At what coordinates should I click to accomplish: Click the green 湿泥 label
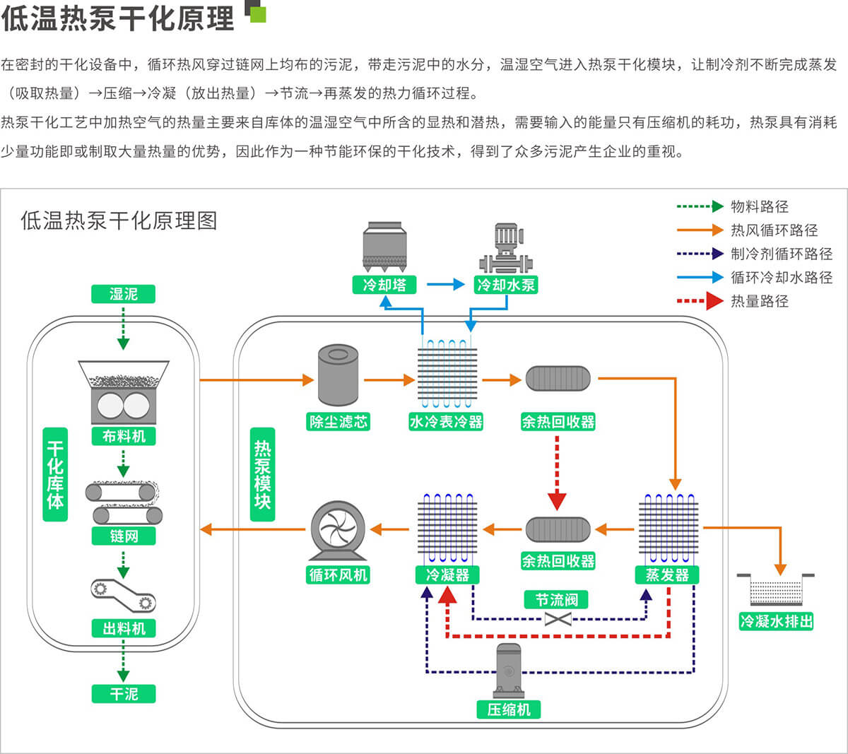click(x=123, y=294)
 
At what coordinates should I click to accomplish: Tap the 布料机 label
click(x=124, y=436)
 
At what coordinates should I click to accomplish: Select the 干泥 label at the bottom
click(x=124, y=694)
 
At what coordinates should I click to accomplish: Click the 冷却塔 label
click(x=384, y=285)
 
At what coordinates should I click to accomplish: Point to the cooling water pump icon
click(x=505, y=248)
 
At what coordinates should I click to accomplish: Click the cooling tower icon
click(x=384, y=247)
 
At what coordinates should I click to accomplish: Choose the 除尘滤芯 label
click(x=338, y=422)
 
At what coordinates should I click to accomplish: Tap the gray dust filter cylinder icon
click(x=338, y=375)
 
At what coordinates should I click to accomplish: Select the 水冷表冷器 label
click(x=446, y=422)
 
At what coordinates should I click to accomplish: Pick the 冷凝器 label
click(x=447, y=575)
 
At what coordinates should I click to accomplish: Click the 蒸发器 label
click(x=667, y=575)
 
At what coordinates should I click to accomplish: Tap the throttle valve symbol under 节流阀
click(x=558, y=620)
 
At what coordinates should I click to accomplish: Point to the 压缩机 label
click(x=509, y=709)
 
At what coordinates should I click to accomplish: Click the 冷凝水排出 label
click(x=776, y=621)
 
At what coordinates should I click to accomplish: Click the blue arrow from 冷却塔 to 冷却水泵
click(x=445, y=285)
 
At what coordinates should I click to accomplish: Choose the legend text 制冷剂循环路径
click(x=782, y=254)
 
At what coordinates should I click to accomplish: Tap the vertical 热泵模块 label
click(x=262, y=474)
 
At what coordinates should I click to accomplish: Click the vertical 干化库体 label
click(x=55, y=474)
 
